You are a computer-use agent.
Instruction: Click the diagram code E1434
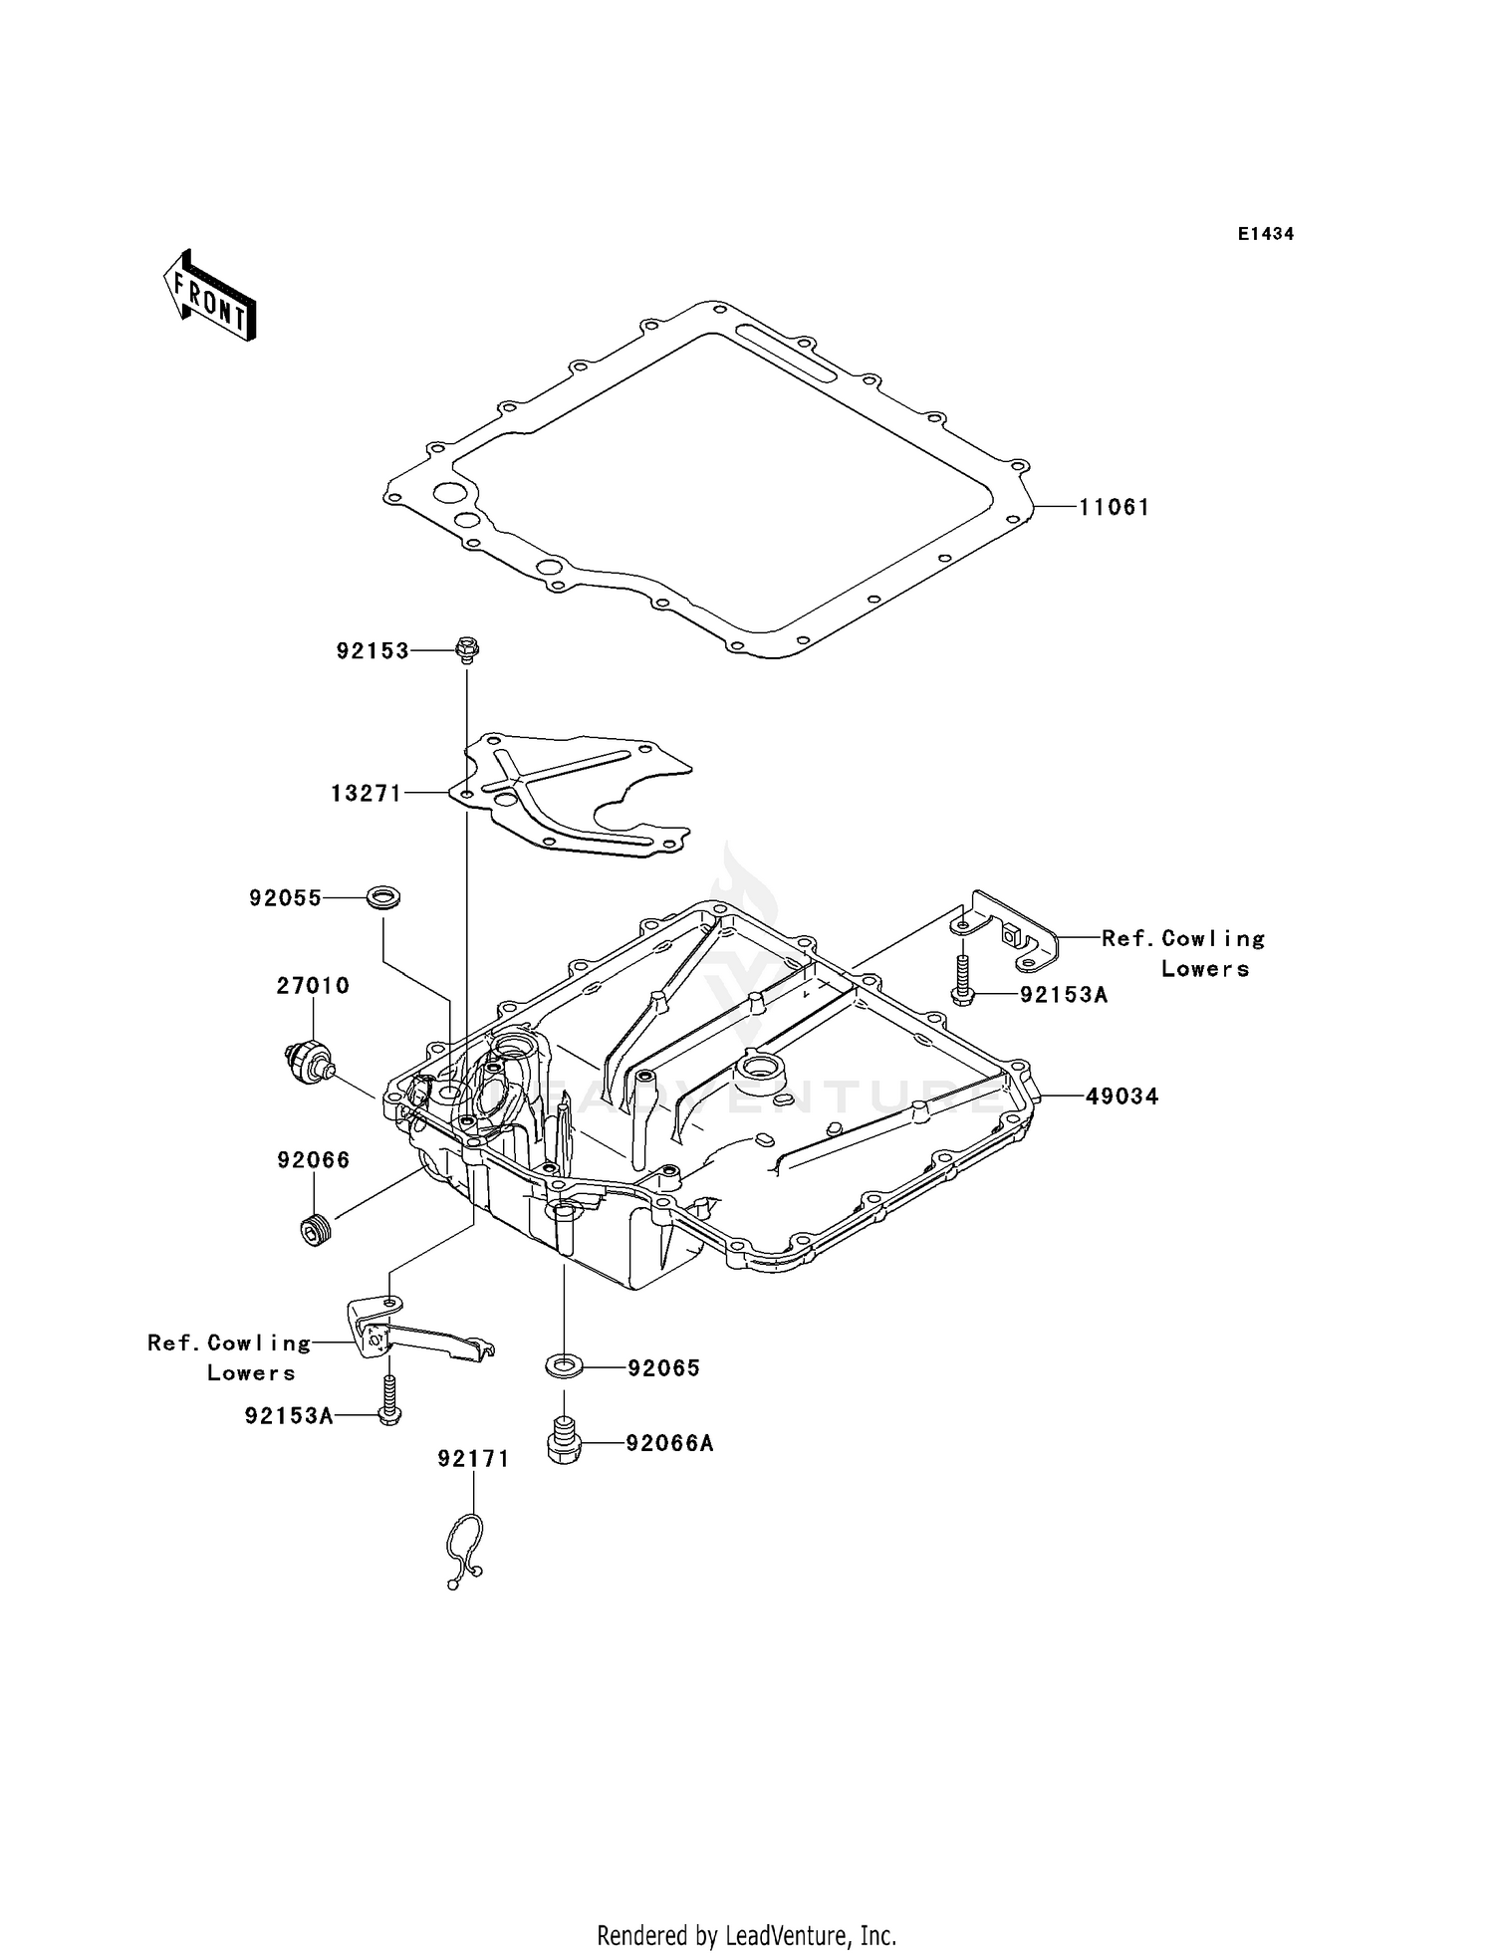[1265, 234]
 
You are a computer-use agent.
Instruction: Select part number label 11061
[1114, 507]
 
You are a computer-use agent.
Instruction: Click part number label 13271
[366, 793]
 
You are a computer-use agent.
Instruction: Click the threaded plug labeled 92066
[317, 1231]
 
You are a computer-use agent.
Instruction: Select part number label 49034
[1121, 1097]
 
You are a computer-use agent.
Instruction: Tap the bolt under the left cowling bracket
[389, 1400]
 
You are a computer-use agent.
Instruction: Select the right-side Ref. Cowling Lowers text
[1183, 953]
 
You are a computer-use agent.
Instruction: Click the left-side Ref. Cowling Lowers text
[229, 1357]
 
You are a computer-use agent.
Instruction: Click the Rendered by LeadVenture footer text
[746, 1935]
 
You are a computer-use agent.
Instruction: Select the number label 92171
[473, 1459]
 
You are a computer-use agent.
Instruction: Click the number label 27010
[313, 985]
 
